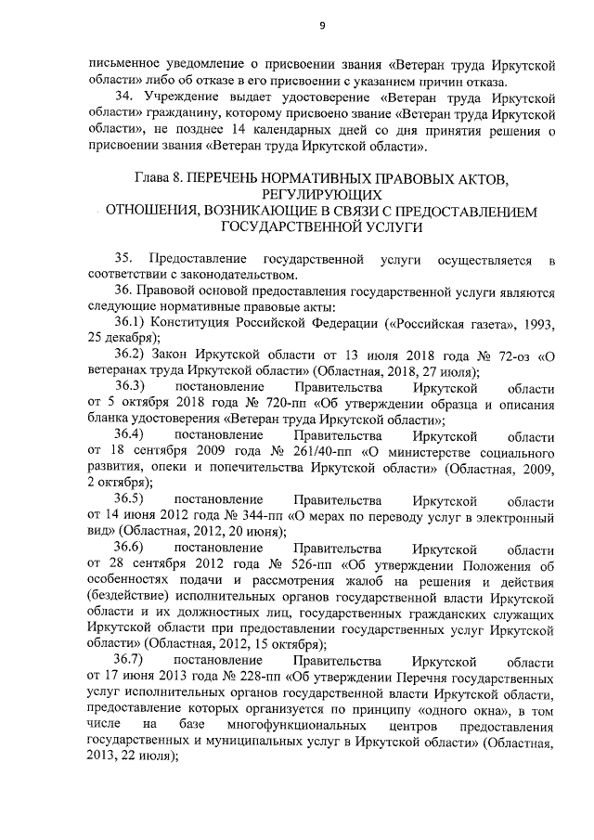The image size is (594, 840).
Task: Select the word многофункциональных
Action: [x=280, y=728]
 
